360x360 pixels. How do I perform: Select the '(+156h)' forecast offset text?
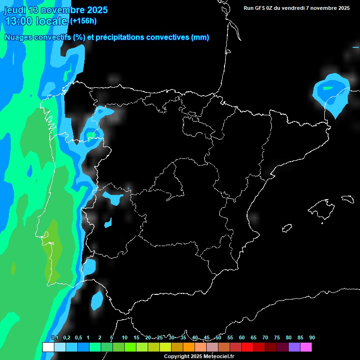(83, 21)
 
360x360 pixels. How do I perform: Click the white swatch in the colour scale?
(48, 347)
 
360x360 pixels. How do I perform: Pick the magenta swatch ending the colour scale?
(306, 347)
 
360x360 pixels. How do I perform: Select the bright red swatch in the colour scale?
(247, 347)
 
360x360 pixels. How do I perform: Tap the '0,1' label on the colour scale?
(54, 338)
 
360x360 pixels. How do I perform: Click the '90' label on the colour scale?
(312, 338)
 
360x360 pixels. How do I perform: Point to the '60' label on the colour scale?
(241, 338)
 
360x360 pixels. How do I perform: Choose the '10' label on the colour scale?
(124, 338)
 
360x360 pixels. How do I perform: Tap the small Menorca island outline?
(347, 199)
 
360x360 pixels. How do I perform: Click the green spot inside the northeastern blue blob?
(328, 87)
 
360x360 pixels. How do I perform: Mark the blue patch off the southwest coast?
(97, 300)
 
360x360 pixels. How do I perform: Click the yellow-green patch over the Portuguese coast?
(53, 248)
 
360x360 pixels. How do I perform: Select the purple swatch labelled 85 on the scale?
(294, 347)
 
